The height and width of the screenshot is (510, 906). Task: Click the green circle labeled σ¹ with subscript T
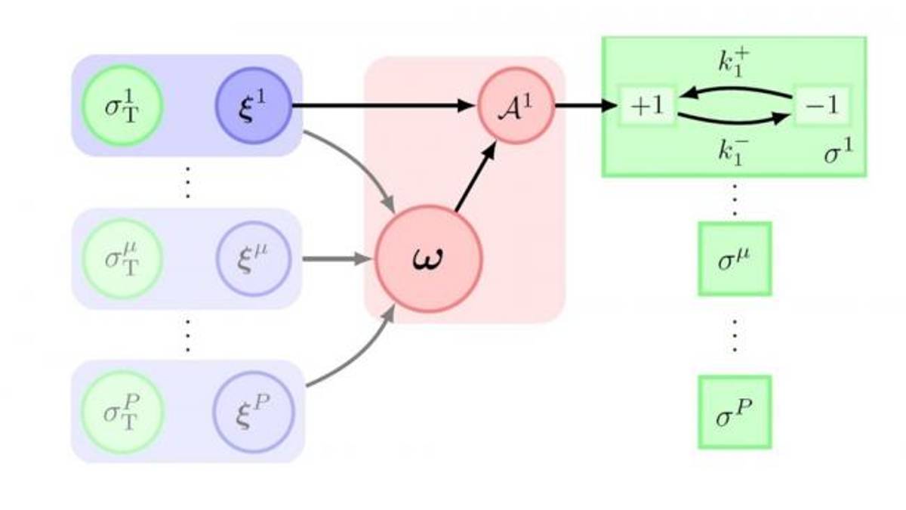pos(123,107)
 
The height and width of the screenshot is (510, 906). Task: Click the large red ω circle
pos(428,258)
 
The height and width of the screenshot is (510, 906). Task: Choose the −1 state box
pos(821,106)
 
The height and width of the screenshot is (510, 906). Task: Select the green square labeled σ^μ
pos(734,258)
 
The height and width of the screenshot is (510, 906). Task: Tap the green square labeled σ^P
pos(734,412)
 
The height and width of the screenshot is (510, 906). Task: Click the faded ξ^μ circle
pos(252,259)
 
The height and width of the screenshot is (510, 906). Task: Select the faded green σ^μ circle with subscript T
pos(123,259)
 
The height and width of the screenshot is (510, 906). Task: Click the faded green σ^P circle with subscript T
pos(123,412)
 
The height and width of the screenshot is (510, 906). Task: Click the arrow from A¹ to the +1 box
pos(586,106)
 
